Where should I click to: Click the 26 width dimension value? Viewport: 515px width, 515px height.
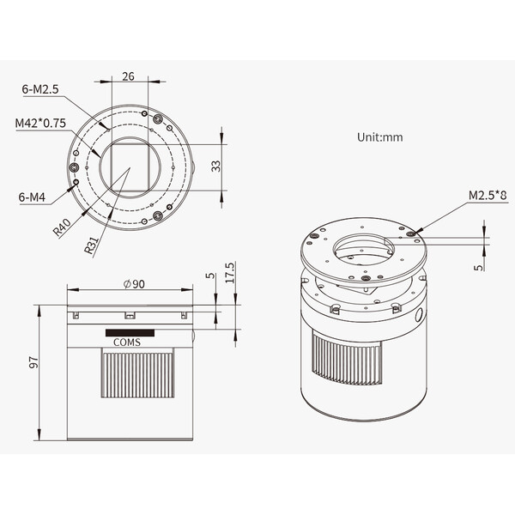point(128,76)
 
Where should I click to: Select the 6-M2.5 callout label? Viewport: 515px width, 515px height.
point(40,89)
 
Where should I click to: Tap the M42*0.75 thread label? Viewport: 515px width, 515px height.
point(40,123)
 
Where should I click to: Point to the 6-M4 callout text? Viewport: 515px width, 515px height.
point(32,197)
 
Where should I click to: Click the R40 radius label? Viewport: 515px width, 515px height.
point(62,227)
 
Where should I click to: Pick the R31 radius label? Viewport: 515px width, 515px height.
point(91,245)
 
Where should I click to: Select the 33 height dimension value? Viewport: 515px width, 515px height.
point(215,167)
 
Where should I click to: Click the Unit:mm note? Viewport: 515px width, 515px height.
point(380,137)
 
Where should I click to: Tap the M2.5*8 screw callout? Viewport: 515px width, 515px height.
point(488,196)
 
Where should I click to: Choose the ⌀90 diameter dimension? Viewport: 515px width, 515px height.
point(134,284)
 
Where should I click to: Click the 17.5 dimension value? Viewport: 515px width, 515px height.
point(230,273)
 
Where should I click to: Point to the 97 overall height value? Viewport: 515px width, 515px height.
point(33,362)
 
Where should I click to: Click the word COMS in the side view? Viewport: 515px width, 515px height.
point(127,342)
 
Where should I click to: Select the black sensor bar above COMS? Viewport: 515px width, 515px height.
point(130,333)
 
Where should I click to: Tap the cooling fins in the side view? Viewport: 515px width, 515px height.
point(137,373)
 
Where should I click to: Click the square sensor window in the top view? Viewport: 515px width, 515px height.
point(130,167)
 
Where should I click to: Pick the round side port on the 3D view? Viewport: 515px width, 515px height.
point(419,315)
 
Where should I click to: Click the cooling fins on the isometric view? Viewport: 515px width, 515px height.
point(347,358)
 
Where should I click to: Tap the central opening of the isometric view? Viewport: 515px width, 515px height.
point(364,249)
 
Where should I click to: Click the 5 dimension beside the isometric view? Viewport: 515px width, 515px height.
point(479,267)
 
